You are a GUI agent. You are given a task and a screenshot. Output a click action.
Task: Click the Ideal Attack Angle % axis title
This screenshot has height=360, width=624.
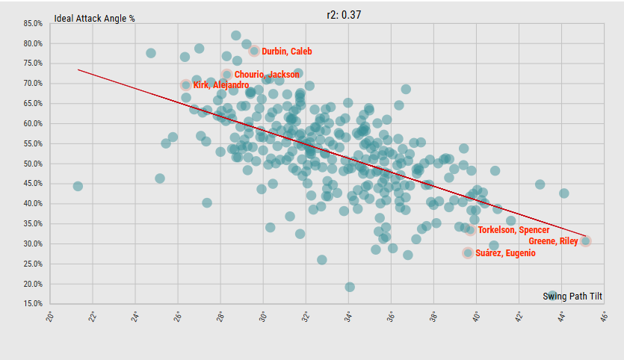click(94, 18)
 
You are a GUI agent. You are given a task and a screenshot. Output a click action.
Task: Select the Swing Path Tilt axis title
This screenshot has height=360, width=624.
click(572, 297)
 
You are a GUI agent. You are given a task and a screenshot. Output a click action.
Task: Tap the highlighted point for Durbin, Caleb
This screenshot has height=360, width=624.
click(254, 52)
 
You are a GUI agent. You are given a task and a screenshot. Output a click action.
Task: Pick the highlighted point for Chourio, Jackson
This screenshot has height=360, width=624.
click(227, 75)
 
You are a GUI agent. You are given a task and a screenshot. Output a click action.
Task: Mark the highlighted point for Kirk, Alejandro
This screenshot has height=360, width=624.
click(186, 85)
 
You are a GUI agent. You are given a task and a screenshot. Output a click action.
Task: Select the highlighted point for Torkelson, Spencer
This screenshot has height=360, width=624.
click(470, 230)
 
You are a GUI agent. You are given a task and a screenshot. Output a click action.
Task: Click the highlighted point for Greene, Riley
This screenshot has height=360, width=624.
click(586, 241)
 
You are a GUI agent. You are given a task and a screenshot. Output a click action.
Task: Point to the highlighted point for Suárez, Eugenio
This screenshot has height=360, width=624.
click(468, 253)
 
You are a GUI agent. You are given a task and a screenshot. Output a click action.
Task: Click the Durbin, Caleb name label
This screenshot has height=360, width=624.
click(287, 52)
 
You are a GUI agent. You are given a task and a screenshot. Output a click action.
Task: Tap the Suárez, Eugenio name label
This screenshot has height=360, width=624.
click(506, 253)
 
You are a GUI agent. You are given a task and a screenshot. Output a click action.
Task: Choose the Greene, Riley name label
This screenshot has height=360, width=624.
click(553, 241)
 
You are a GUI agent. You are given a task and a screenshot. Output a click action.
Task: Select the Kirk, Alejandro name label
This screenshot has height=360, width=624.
click(221, 85)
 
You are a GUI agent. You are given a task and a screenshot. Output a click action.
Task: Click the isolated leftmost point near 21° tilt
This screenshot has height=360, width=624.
click(78, 186)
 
